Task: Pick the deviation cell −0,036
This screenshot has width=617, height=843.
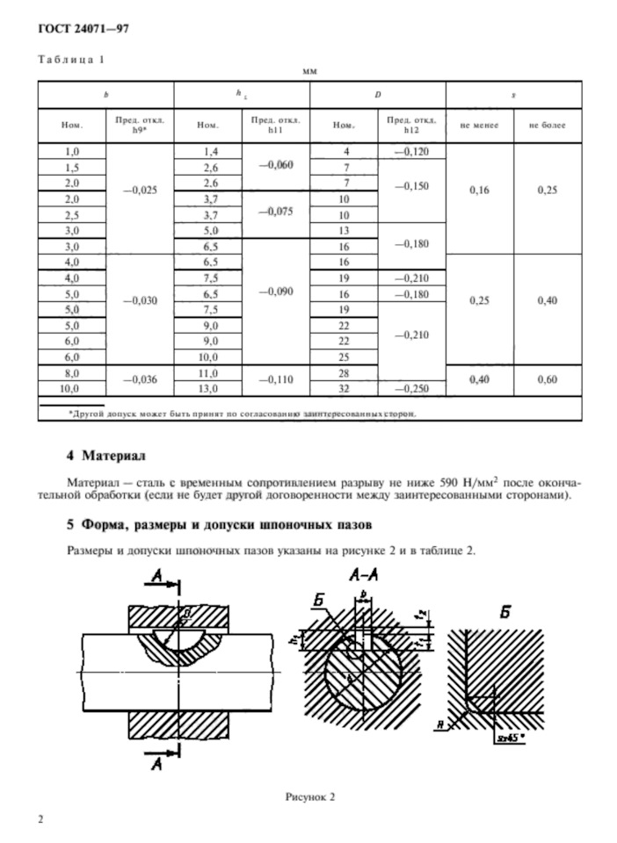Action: coord(140,380)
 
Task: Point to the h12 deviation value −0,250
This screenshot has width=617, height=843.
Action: coord(412,388)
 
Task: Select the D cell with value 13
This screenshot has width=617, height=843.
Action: coord(345,231)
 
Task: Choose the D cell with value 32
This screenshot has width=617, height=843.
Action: coord(345,388)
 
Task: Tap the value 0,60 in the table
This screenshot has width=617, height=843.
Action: coord(548,380)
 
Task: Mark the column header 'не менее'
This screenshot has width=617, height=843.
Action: coord(480,126)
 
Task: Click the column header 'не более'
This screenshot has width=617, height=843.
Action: coord(548,126)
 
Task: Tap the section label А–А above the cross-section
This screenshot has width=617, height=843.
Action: coord(360,576)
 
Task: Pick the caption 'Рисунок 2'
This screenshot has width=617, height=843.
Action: coord(309,796)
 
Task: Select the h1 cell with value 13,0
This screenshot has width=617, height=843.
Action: coord(208,388)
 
